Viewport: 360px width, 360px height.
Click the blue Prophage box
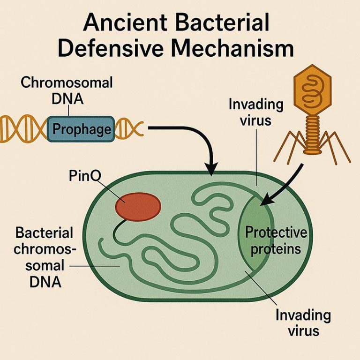pyautogui.click(x=81, y=129)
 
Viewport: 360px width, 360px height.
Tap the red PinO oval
pyautogui.click(x=138, y=206)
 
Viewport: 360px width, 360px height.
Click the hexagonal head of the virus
pyautogui.click(x=311, y=89)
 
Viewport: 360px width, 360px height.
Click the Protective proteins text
pyautogui.click(x=276, y=240)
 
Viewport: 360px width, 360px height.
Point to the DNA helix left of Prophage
pyautogui.click(x=23, y=129)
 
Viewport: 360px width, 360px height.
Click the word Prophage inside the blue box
pyautogui.click(x=82, y=129)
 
